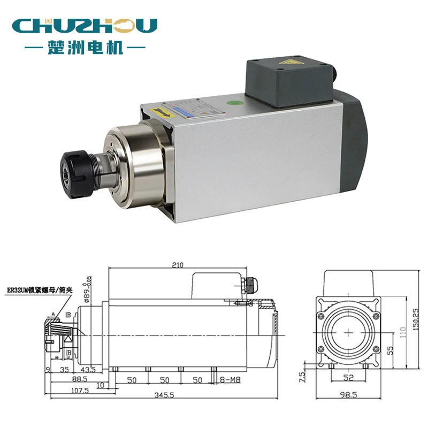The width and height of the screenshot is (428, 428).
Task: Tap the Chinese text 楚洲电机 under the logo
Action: pos(85,48)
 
